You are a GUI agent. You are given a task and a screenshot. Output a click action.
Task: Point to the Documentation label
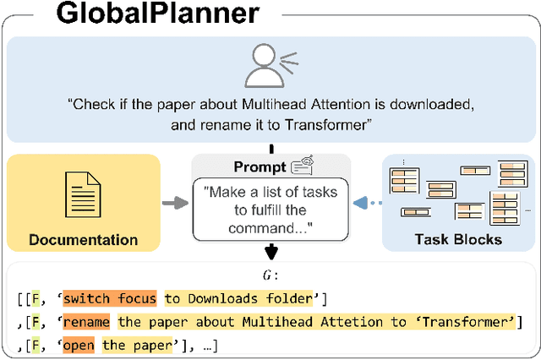(83, 239)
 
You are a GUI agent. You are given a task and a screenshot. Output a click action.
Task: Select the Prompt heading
(259, 168)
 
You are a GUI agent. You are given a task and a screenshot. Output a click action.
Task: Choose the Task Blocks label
(457, 239)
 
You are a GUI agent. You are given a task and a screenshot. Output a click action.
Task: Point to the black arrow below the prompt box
(270, 250)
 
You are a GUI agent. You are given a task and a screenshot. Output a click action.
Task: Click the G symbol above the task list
(268, 275)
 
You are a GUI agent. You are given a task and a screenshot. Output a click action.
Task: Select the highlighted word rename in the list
(85, 322)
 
